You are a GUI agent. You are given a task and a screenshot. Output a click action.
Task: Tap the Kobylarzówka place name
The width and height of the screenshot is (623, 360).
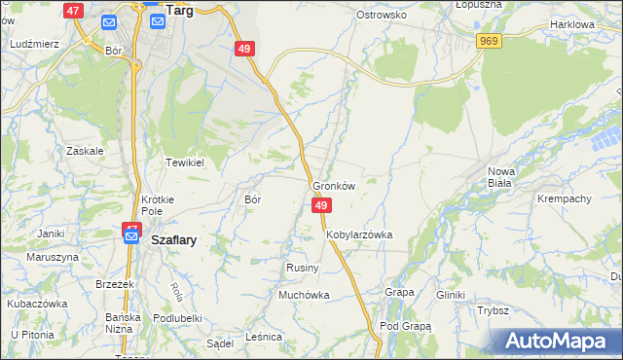pyautogui.click(x=359, y=234)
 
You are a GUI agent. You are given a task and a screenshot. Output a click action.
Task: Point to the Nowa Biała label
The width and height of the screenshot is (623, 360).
pyautogui.click(x=500, y=176)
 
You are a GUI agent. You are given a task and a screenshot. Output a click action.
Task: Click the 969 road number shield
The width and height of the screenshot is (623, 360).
pyautogui.click(x=489, y=40)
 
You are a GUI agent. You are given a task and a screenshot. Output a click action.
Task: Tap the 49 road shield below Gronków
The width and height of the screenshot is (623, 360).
pyautogui.click(x=322, y=205)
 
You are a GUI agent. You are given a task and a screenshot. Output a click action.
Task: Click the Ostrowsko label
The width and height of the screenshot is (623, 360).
pyautogui.click(x=381, y=16)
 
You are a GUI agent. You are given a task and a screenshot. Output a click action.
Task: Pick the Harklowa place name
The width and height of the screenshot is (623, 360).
pyautogui.click(x=571, y=23)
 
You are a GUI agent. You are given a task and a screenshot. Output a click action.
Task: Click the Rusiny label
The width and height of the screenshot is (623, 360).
pyautogui.click(x=297, y=268)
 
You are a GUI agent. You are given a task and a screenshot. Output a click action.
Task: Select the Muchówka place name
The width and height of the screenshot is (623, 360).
pyautogui.click(x=304, y=295)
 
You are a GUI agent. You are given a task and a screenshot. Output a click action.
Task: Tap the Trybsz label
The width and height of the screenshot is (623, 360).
pyautogui.click(x=494, y=310)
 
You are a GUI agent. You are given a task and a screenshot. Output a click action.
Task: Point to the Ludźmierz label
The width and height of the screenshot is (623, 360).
pyautogui.click(x=34, y=45)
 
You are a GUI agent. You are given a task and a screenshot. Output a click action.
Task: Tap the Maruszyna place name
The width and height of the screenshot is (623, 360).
pyautogui.click(x=52, y=257)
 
